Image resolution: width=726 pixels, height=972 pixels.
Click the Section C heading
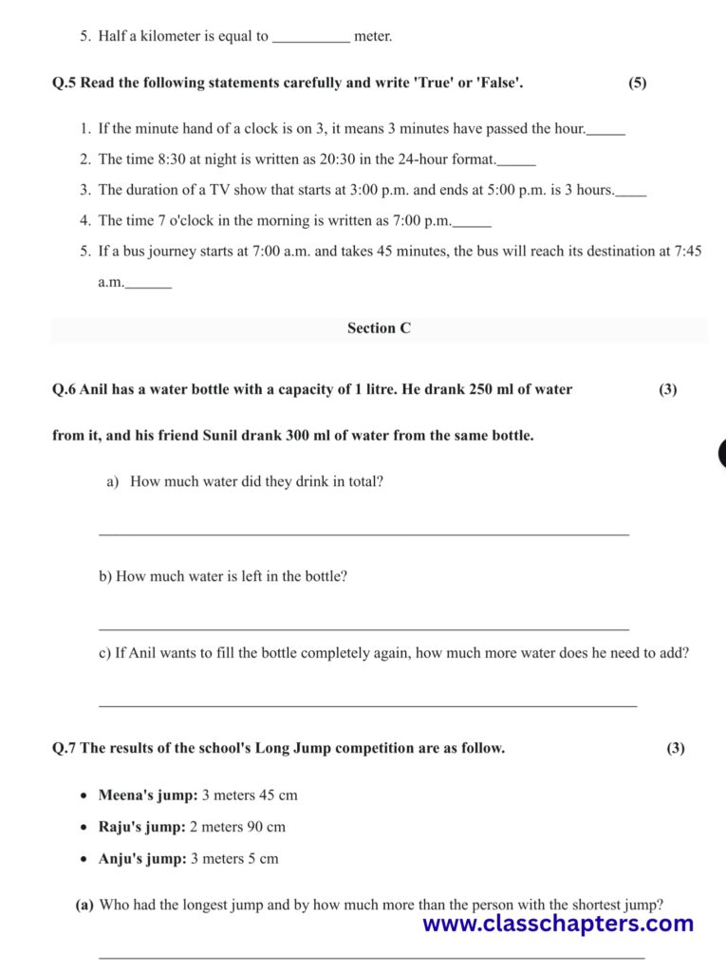(x=379, y=328)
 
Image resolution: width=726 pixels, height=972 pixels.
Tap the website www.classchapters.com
(x=558, y=924)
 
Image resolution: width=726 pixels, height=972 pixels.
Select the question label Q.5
(x=65, y=83)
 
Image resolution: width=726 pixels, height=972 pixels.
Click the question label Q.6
(x=65, y=389)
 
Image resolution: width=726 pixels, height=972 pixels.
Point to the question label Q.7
(x=65, y=748)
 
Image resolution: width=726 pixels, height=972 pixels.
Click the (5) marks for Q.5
(x=637, y=83)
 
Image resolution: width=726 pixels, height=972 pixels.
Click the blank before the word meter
(x=310, y=38)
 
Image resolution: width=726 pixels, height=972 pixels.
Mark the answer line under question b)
(x=363, y=628)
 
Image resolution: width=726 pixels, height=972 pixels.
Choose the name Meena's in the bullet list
(x=125, y=795)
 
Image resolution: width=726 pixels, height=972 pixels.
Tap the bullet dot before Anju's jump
(x=86, y=859)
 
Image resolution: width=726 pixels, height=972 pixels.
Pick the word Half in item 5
(x=113, y=37)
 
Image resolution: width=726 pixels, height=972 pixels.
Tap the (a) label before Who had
(x=84, y=905)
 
